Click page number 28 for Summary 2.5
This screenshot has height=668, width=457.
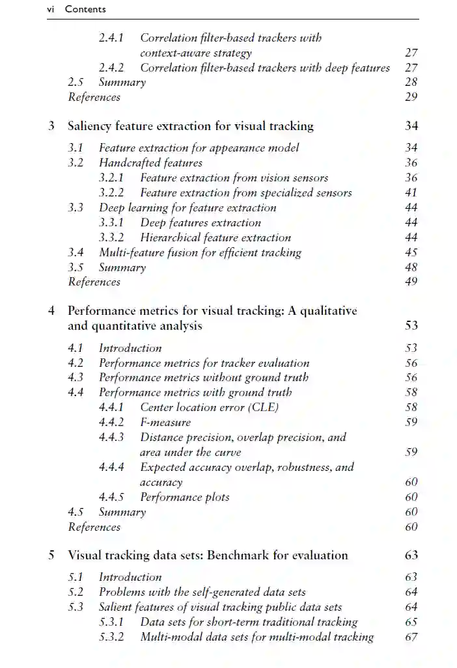coord(411,82)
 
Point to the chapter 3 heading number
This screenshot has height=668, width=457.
coord(51,126)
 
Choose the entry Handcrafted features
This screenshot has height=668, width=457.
coord(150,163)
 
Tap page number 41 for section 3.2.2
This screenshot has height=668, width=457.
coord(411,193)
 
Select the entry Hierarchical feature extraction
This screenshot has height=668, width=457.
coord(215,237)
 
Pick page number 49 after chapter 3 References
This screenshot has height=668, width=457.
coord(411,282)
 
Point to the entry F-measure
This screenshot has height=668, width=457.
coord(165,422)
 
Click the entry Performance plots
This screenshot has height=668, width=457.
coord(185,497)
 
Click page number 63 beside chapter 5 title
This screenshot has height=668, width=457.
coord(411,555)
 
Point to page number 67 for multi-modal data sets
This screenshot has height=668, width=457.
coord(411,637)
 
